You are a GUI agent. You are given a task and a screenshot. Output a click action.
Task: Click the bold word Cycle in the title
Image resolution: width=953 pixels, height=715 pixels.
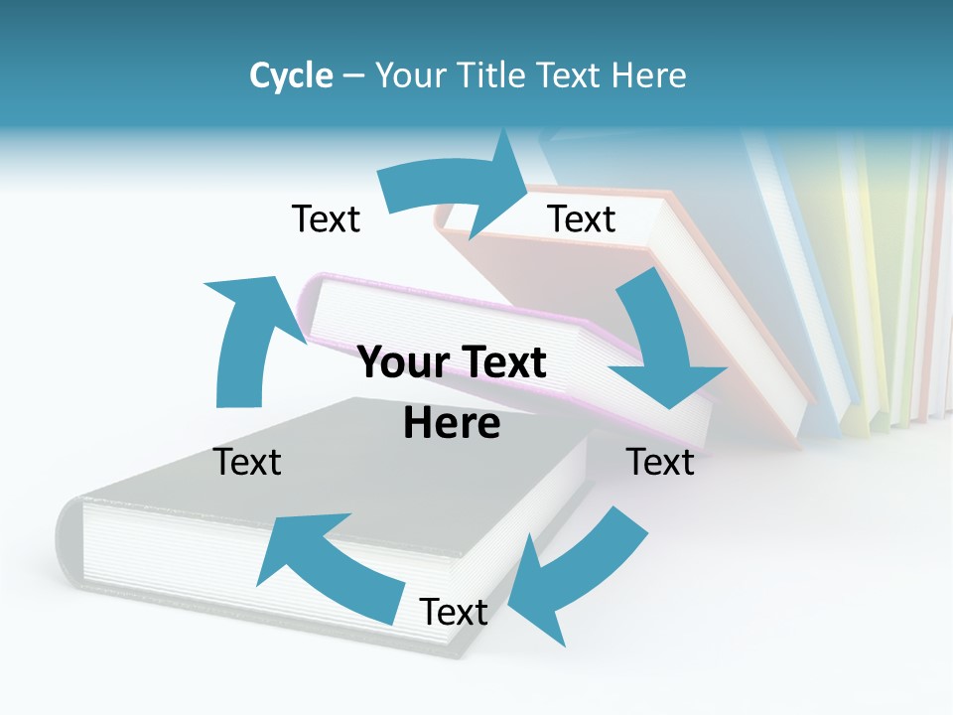click(291, 75)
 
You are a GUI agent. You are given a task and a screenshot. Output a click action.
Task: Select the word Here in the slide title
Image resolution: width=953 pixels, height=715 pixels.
click(650, 75)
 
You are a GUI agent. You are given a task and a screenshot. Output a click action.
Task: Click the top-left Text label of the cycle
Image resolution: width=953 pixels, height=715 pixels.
click(326, 218)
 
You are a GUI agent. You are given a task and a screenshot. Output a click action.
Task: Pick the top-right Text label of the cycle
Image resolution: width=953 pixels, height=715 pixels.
click(582, 218)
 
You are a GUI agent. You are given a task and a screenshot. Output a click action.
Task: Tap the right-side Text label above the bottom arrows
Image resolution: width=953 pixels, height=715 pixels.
click(660, 462)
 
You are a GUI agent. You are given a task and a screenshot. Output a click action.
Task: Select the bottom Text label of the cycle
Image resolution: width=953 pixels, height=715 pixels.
click(454, 612)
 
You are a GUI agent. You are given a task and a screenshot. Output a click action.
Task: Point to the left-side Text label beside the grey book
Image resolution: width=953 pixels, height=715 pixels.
click(248, 462)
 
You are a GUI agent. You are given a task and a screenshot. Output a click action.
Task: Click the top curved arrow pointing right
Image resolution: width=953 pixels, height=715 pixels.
click(457, 189)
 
